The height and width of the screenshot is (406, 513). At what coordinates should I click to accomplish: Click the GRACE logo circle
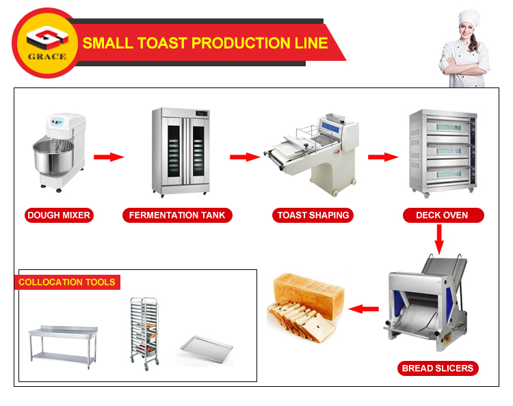tap(46, 43)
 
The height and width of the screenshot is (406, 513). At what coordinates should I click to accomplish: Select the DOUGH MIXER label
tap(59, 215)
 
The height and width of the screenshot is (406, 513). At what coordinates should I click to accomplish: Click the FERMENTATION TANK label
tap(177, 215)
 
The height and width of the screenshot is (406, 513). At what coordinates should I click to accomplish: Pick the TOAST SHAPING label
tap(313, 215)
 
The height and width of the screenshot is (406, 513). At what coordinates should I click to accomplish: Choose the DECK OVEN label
tap(442, 215)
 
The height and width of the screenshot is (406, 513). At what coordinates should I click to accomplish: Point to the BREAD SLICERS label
tap(438, 368)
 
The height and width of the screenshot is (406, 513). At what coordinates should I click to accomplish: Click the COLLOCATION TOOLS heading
tap(67, 282)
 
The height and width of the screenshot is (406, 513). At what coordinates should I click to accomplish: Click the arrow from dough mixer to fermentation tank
tap(109, 157)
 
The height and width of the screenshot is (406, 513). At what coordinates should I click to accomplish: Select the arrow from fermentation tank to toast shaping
tap(244, 157)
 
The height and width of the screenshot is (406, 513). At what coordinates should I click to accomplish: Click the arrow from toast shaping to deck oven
tap(383, 157)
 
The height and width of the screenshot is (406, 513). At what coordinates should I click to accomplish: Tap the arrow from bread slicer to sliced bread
tap(364, 309)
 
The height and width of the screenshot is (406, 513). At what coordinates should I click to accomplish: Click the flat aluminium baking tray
tap(206, 349)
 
